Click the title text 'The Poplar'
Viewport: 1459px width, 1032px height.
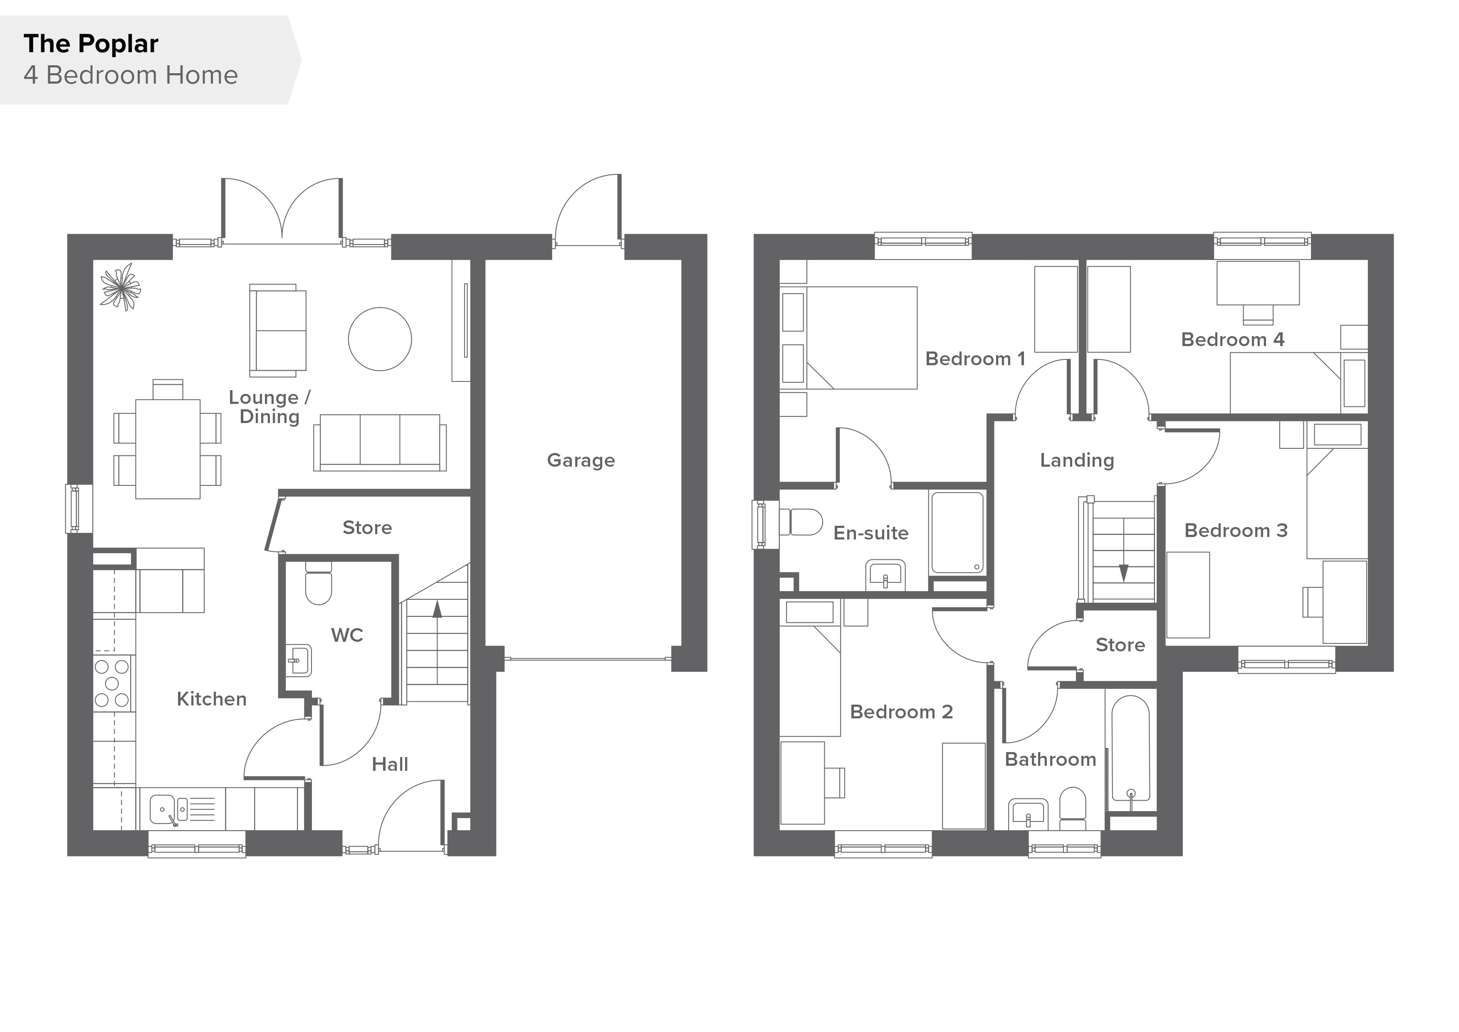(91, 44)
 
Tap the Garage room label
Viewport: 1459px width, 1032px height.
(581, 460)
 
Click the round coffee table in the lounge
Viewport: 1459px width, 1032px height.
(380, 339)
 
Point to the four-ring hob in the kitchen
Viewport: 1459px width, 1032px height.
(112, 683)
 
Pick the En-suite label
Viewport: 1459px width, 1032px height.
(870, 533)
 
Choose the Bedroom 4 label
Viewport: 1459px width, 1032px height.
(1232, 340)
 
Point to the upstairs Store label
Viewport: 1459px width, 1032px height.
(1120, 645)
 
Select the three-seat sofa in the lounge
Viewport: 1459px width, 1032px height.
(380, 443)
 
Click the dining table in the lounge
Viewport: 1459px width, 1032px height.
(168, 449)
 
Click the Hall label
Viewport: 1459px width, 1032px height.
(390, 765)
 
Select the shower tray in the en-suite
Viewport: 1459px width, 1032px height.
(958, 532)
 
